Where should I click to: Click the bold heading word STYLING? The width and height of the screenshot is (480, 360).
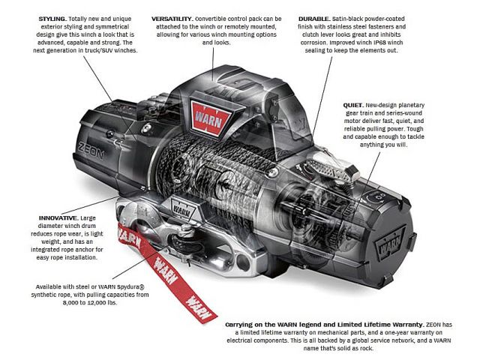(52, 19)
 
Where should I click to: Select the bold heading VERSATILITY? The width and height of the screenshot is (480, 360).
(172, 19)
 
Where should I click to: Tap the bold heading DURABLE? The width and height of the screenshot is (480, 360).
(314, 19)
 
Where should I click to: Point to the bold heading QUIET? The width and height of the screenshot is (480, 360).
(353, 105)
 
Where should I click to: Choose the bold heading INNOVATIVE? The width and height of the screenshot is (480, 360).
(58, 218)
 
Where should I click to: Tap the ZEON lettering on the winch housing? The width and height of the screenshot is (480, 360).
(91, 150)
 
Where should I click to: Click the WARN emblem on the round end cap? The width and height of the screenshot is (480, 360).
(390, 241)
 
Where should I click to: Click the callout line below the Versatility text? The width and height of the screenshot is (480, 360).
(213, 64)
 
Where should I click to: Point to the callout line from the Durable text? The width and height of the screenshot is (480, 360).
(322, 96)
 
